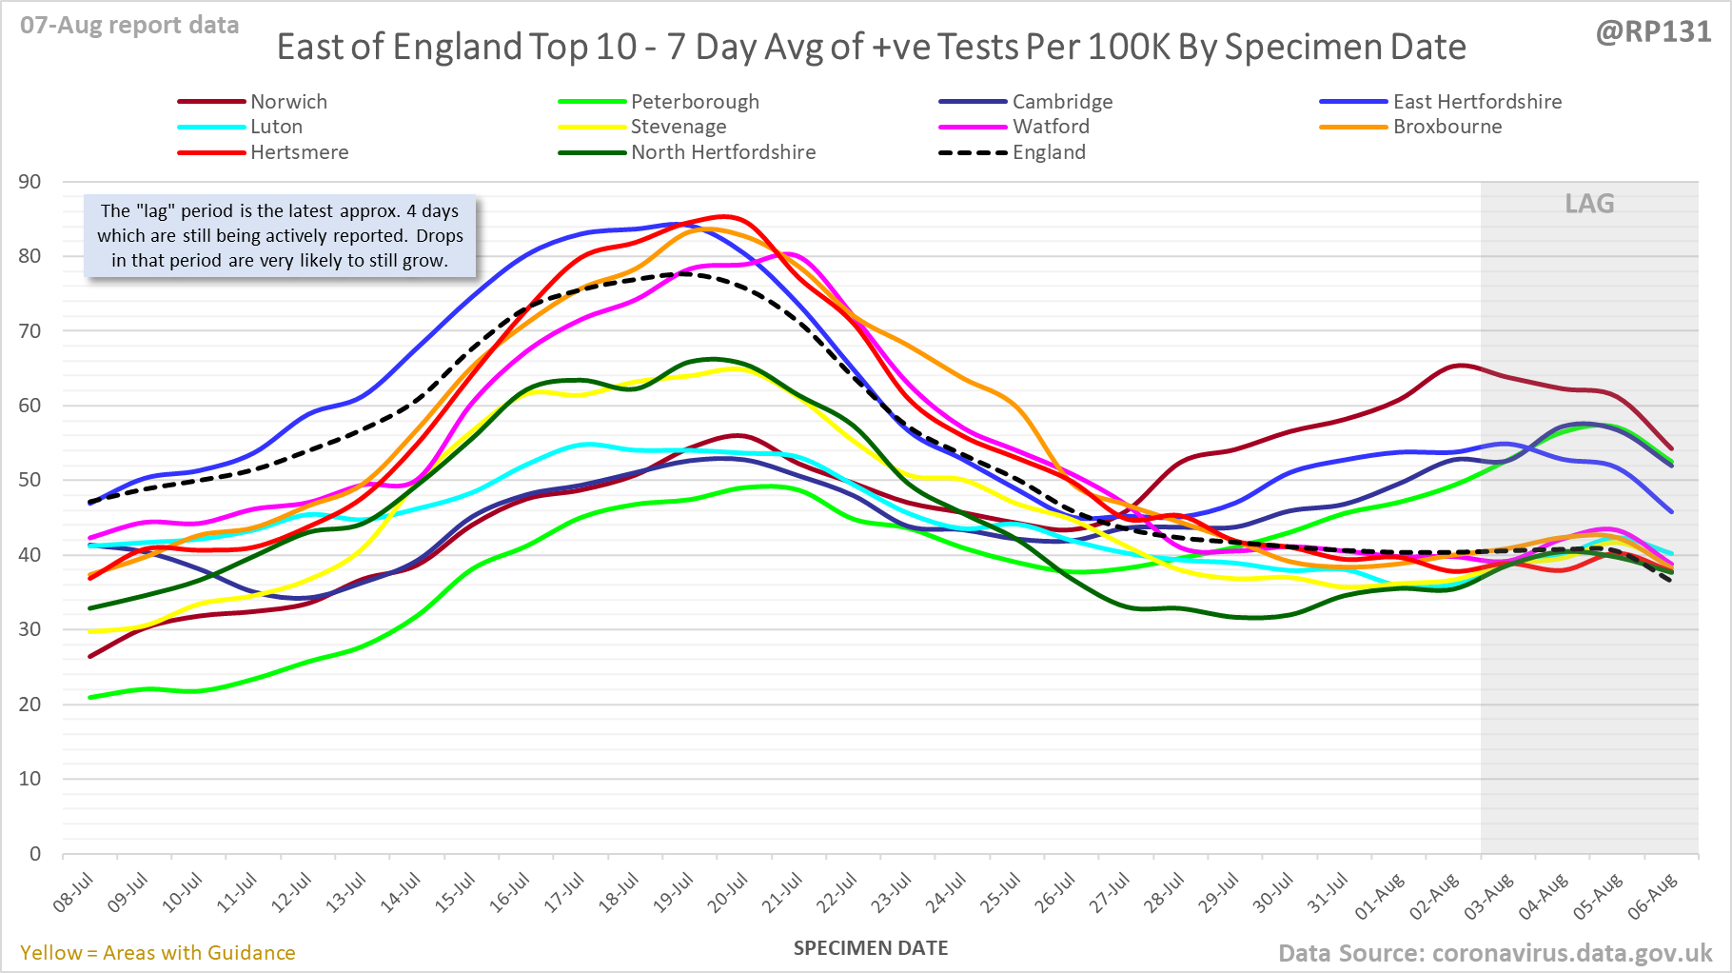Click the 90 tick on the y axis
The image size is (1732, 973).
[30, 182]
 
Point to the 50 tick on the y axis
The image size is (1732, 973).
[30, 480]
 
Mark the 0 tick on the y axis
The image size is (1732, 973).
[35, 853]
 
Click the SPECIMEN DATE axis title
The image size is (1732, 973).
[871, 948]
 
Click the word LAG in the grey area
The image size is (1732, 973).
[1589, 204]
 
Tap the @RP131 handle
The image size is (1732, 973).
[1653, 32]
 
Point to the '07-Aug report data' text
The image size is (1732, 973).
[129, 26]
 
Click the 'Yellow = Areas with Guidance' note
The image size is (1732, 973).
[158, 953]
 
